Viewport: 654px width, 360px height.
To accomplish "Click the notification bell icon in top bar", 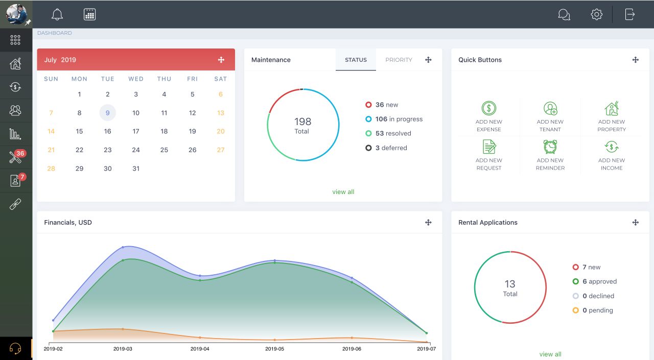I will (57, 15).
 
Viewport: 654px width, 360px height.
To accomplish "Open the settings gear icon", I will (596, 14).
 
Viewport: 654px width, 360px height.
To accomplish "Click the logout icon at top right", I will (630, 14).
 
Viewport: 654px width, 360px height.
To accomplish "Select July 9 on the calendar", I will (107, 113).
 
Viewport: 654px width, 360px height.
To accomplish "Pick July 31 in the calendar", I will (135, 169).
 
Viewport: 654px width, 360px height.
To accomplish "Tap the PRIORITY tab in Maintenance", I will (399, 60).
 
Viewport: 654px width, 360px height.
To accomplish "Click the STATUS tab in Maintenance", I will (356, 60).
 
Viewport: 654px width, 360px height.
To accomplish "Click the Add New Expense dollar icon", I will (489, 108).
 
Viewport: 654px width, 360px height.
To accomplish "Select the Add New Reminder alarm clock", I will (550, 147).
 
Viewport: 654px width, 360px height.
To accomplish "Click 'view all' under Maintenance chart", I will (343, 192).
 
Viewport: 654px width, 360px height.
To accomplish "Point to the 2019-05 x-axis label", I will (274, 349).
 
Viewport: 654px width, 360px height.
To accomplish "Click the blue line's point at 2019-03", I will (123, 247).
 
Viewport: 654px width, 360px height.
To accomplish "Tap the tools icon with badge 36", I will (15, 157).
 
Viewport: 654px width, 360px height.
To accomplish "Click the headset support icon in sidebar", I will (15, 349).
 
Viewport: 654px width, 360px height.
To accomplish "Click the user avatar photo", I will (16, 14).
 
